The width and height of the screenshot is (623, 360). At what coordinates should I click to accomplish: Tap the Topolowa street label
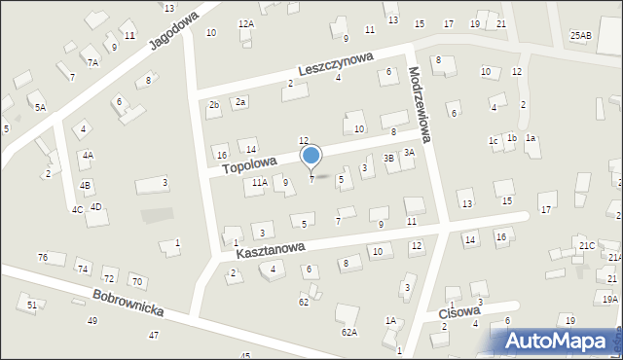point(249,162)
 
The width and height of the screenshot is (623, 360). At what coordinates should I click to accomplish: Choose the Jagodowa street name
point(174,31)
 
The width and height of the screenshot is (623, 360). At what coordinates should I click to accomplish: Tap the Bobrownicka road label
point(128,308)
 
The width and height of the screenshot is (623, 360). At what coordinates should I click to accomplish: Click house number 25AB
point(581,36)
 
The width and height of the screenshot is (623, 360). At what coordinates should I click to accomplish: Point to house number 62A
point(348,332)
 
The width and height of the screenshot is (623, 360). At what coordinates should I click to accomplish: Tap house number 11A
point(259,182)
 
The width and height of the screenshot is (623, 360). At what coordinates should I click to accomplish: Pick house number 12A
point(245,23)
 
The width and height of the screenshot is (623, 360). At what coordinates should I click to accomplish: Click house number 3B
point(388,158)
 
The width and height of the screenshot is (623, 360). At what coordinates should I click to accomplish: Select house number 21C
point(587,246)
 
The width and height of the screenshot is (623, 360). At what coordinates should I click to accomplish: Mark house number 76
point(43,257)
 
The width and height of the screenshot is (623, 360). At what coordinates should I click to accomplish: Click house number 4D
point(95,206)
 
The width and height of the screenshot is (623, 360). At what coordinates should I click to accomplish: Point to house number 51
point(32,306)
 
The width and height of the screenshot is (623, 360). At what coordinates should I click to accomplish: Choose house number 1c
point(494,141)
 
